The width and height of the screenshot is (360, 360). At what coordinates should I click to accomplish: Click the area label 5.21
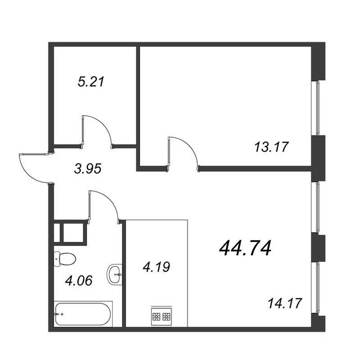(x=91, y=82)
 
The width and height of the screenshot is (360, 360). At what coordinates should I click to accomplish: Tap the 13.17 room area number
(x=271, y=147)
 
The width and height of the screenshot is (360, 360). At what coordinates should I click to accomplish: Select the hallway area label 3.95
(x=88, y=169)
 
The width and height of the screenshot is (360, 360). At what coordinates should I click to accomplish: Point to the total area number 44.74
(x=245, y=248)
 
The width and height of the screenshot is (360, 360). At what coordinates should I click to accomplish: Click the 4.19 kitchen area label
(x=156, y=267)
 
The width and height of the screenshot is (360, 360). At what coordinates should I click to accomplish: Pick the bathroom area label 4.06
(x=79, y=280)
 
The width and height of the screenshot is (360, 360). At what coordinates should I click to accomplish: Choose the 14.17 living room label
(x=284, y=303)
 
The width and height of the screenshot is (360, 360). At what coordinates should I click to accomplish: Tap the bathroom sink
(x=115, y=274)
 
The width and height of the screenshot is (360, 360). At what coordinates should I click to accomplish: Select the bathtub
(x=83, y=314)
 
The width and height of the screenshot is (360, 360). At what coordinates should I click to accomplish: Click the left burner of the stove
(x=156, y=317)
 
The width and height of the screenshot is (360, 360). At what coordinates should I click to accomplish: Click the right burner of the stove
(x=166, y=317)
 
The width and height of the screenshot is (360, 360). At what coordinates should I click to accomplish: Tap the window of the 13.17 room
(x=318, y=108)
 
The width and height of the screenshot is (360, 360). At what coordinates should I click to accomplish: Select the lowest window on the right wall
(x=318, y=288)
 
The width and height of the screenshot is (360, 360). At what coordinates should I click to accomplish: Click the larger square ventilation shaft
(x=73, y=232)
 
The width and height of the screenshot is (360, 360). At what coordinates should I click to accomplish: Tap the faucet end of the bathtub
(x=58, y=314)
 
